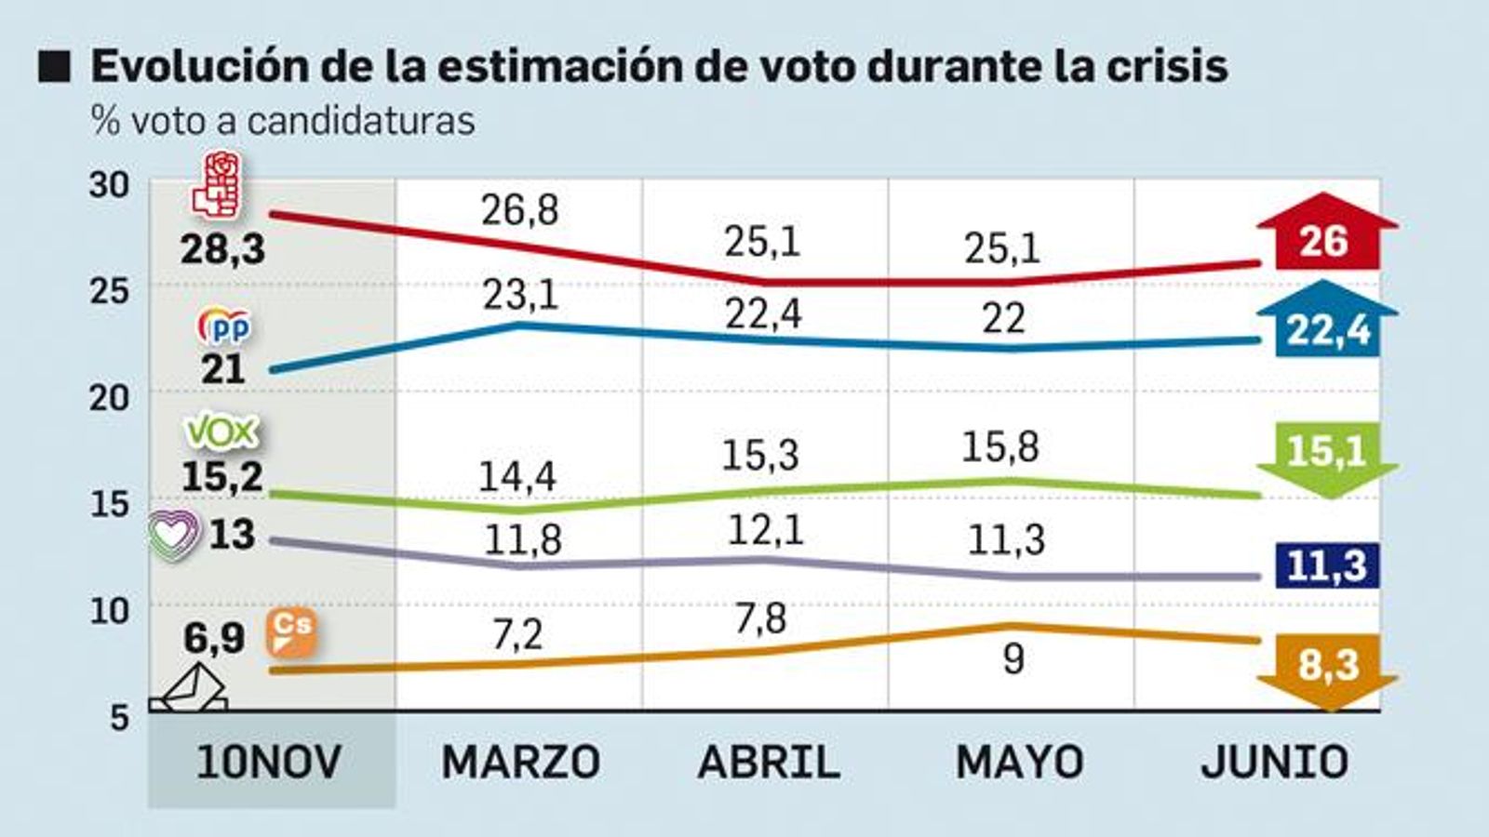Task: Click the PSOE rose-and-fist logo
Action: point(216,186)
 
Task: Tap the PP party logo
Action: point(224,326)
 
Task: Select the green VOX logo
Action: point(221,432)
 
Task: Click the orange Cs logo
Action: point(291,633)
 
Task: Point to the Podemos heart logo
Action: point(176,536)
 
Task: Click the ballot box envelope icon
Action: point(190,691)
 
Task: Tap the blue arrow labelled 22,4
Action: point(1327,322)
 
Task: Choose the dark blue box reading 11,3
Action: point(1327,565)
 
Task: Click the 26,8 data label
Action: point(519,211)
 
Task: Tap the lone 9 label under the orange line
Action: point(1013,659)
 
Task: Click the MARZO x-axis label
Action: point(520,763)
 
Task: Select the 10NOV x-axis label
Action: point(270,763)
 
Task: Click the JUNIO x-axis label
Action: point(1274,763)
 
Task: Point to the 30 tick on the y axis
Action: point(109,185)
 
